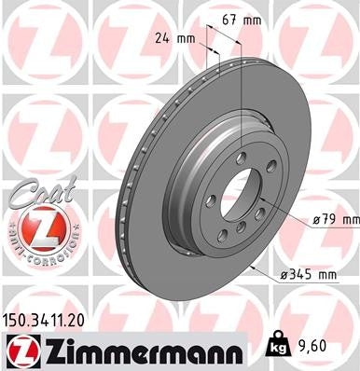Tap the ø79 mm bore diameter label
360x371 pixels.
(333, 219)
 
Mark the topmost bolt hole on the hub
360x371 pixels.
(241, 157)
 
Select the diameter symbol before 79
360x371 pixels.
(316, 219)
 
